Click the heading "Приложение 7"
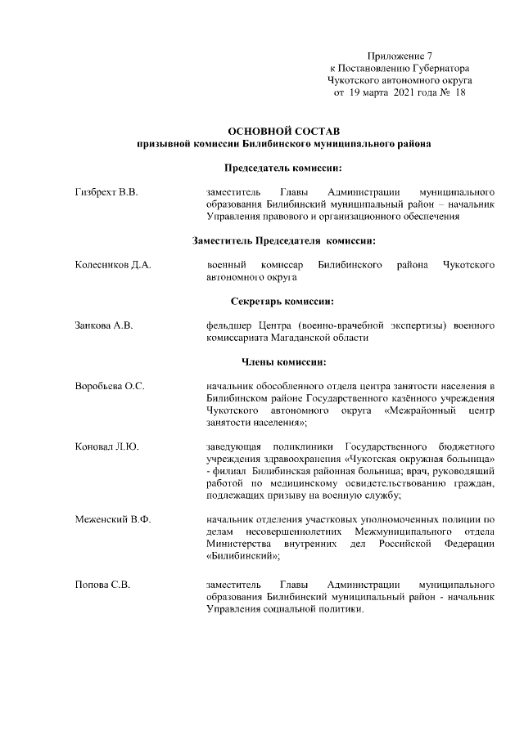[399, 56]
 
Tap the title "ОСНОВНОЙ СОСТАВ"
[283, 131]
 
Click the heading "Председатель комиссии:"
[283, 168]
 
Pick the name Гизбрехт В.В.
[106, 192]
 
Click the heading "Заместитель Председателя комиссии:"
[283, 241]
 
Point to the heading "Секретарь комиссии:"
[283, 302]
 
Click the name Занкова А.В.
[103, 325]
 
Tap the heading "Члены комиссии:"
[283, 362]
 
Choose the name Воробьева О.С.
[110, 386]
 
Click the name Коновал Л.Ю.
[106, 446]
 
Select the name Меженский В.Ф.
[112, 519]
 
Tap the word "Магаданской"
[301, 338]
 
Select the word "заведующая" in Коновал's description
[233, 446]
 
